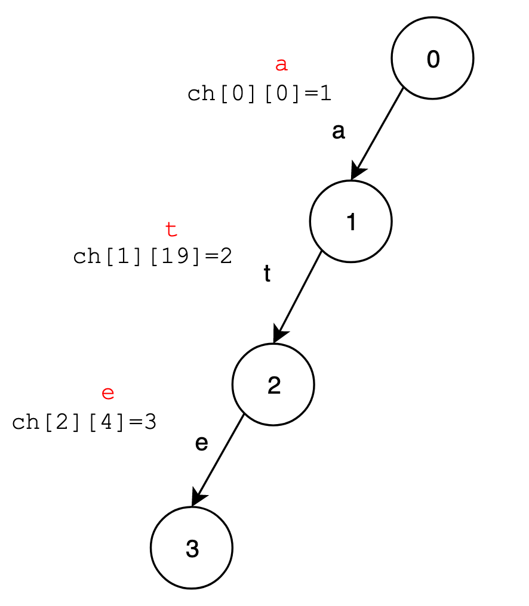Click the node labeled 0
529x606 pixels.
pos(432,58)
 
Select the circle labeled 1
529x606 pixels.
pos(350,221)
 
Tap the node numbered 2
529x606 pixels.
pos(273,385)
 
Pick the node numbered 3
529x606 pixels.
pos(192,548)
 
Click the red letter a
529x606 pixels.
pos(281,64)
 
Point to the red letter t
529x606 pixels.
pos(171,228)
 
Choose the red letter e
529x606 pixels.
pos(107,393)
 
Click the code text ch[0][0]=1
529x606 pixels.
pos(259,94)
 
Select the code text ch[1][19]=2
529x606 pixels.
pos(152,256)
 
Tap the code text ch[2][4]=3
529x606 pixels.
pos(84,422)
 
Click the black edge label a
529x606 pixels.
pos(339,131)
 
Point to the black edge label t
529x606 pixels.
pos(267,274)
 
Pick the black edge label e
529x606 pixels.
pos(201,443)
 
